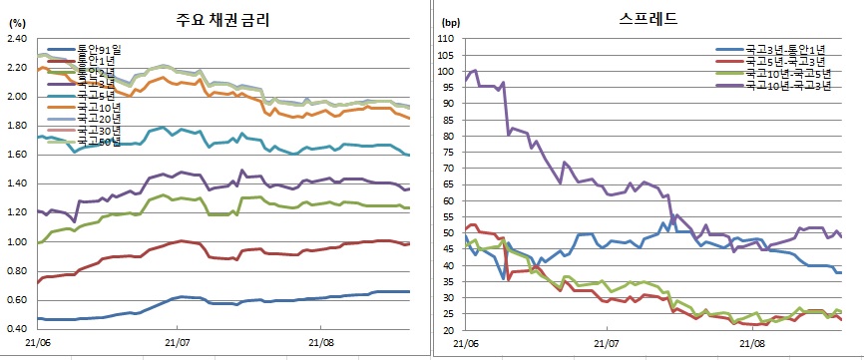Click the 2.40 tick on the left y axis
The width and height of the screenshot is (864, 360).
[x=16, y=39]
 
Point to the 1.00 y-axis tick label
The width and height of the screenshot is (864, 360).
[x=16, y=242]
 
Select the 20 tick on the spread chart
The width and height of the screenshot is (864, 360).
[x=449, y=330]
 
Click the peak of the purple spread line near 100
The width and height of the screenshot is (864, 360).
[x=475, y=71]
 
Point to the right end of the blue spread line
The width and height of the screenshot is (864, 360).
[x=840, y=272]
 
